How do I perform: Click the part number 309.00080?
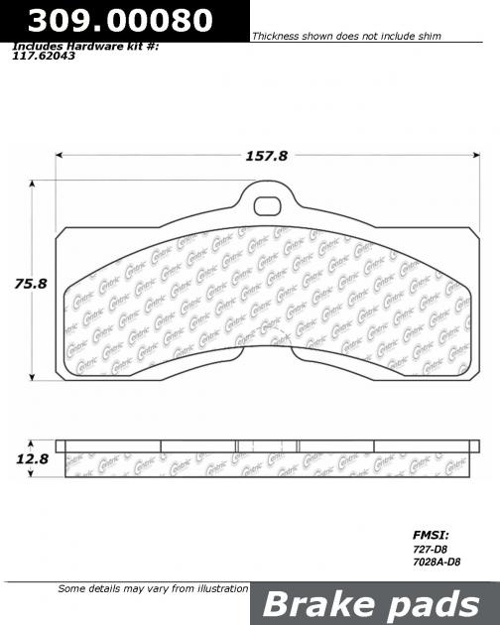[119, 20]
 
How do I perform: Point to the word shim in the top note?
[427, 36]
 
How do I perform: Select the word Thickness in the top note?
[280, 36]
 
